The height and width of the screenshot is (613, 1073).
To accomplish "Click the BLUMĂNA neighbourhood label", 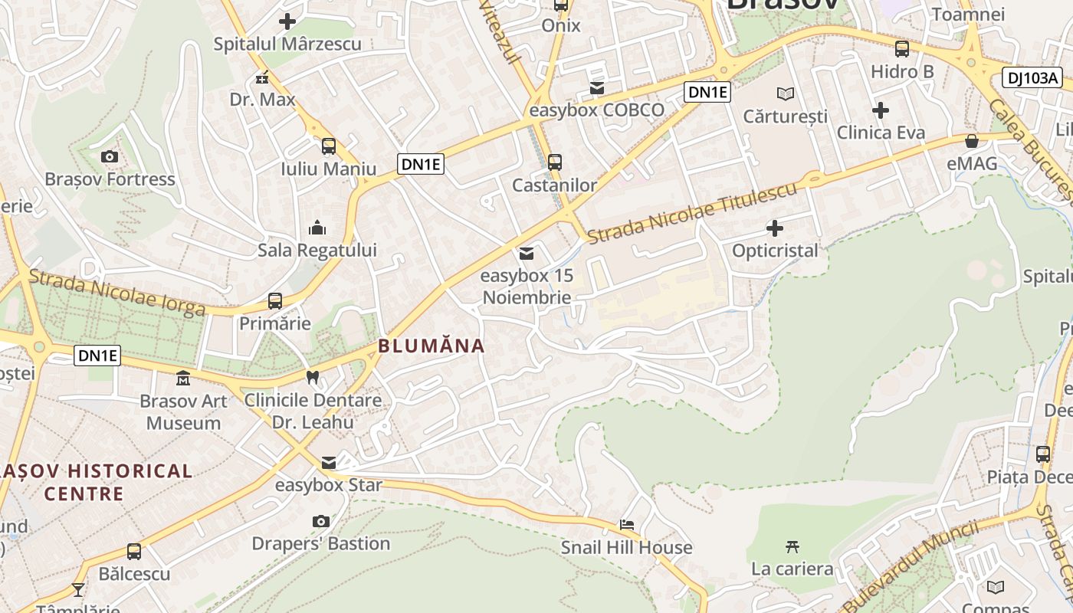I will tap(431, 346).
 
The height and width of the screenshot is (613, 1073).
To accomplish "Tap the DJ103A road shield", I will tap(1032, 77).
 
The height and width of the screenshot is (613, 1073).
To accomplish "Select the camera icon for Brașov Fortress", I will tap(110, 157).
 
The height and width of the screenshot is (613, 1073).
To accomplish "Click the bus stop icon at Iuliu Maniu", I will tap(329, 146).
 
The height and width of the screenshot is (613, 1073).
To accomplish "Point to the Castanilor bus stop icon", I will tap(555, 162).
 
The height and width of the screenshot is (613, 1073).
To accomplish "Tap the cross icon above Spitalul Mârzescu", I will tap(287, 21).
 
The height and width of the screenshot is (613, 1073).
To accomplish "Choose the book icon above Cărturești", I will tap(786, 93).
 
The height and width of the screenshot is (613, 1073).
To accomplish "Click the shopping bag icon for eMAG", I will tap(972, 141).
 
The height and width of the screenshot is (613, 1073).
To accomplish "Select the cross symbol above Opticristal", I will tap(775, 228).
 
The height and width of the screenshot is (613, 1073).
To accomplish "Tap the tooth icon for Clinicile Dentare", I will tap(312, 377).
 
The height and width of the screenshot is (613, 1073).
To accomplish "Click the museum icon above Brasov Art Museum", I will tap(183, 378).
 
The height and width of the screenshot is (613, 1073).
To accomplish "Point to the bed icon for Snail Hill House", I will tap(627, 525).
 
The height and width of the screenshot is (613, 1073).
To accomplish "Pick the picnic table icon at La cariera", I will tap(792, 546).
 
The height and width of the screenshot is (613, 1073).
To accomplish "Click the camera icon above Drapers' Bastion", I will tap(321, 521).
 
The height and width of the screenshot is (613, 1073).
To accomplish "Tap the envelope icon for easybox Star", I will tap(329, 462).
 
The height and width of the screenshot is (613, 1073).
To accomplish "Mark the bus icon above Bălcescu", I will tap(134, 551).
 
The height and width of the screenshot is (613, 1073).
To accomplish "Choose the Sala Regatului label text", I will tap(317, 250).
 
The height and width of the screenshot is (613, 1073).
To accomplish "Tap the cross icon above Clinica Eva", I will tap(881, 110).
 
